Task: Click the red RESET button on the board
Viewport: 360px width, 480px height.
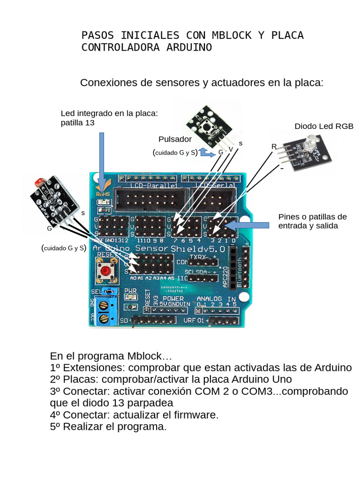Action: coord(107,271)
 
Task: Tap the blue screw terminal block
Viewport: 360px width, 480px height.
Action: coord(104,311)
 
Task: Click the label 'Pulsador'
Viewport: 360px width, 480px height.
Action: coord(175,139)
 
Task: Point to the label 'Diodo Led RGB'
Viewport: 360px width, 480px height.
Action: coord(323,127)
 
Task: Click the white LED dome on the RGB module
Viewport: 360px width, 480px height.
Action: coord(311,142)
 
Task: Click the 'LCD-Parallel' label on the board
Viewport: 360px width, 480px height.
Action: coord(147,186)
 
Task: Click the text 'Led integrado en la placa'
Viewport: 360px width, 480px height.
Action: coord(109,114)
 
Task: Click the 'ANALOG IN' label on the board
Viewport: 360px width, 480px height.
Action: coord(216,299)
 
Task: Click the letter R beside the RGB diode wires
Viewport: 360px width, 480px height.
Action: coord(274,147)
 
